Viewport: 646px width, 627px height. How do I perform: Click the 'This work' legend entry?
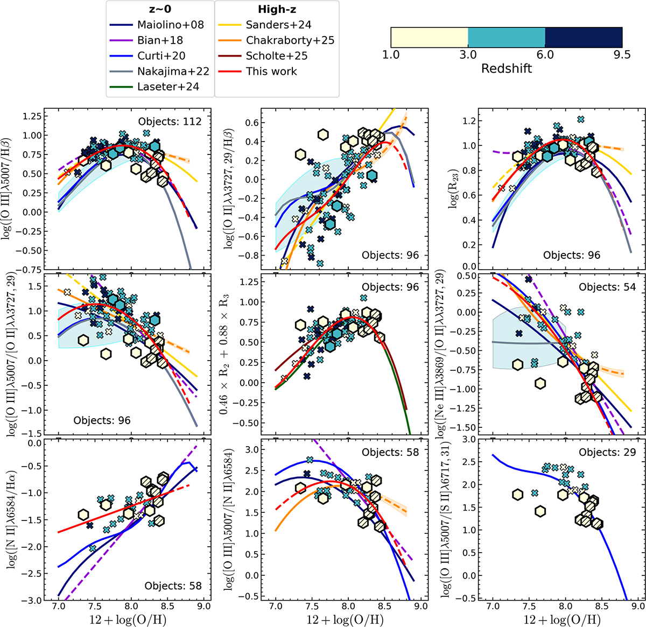(271, 71)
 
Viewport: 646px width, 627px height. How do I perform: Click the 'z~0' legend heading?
(160, 9)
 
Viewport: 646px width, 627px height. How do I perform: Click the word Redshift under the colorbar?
(506, 68)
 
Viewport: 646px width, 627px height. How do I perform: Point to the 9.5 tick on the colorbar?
(622, 55)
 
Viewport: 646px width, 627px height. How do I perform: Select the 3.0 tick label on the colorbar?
(468, 55)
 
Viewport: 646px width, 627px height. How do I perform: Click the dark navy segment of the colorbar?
(584, 37)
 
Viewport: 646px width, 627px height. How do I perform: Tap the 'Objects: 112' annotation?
(170, 121)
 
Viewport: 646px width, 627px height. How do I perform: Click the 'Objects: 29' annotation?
(607, 453)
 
